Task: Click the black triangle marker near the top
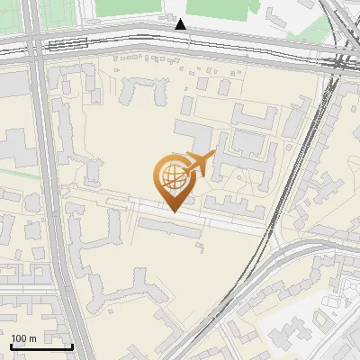(182, 25)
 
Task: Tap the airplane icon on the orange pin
(199, 164)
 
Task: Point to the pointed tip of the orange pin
(173, 211)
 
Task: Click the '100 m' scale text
(23, 338)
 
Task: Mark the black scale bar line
(41, 346)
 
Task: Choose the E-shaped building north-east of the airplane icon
(256, 117)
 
